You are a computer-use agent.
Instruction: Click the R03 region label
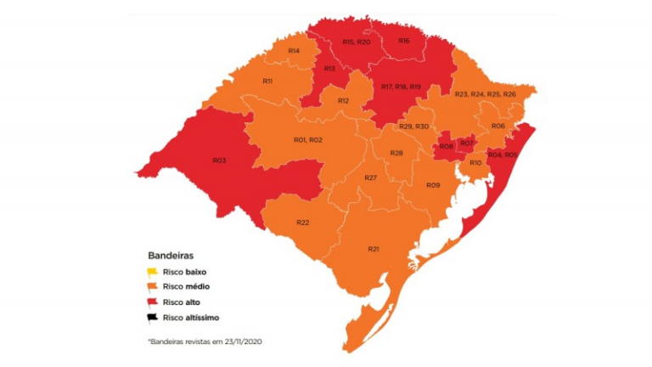(x=219, y=160)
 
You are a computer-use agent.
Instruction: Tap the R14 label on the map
(x=293, y=51)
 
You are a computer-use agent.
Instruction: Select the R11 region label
(x=267, y=81)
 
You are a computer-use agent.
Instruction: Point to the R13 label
(x=329, y=68)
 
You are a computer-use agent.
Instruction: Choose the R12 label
(x=344, y=101)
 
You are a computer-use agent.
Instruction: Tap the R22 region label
(x=303, y=222)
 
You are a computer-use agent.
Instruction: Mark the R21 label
(x=373, y=248)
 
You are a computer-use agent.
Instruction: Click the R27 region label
(x=370, y=178)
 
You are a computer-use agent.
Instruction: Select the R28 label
(x=396, y=153)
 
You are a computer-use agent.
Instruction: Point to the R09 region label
(x=432, y=184)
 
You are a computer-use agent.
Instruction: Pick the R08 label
(x=446, y=147)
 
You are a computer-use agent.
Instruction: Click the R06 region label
(x=498, y=126)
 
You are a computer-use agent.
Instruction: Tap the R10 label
(x=475, y=162)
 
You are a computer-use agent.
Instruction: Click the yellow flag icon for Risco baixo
(x=154, y=272)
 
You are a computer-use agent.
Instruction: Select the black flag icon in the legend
(x=154, y=319)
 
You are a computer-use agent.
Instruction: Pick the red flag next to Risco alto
(x=154, y=303)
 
